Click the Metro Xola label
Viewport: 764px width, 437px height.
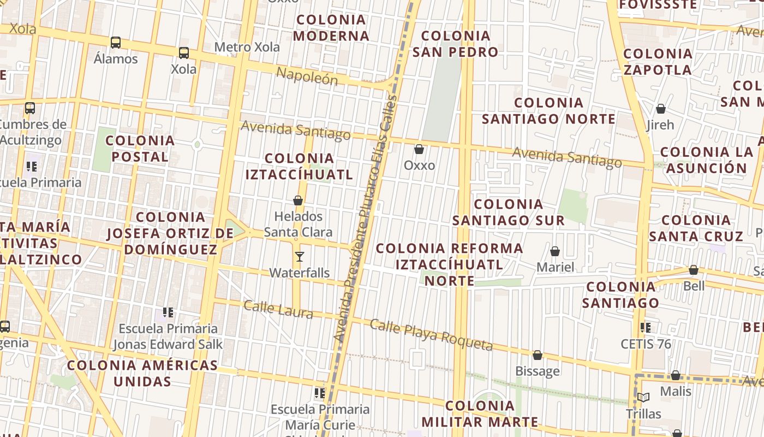point(247,47)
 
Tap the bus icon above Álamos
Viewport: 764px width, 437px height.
point(115,43)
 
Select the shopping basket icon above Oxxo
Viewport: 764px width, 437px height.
point(419,149)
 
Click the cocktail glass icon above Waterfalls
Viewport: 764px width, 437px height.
point(299,257)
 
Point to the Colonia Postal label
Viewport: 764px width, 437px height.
point(140,149)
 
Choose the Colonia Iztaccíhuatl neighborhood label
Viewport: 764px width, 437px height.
point(299,167)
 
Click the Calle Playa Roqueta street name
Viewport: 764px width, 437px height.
point(431,335)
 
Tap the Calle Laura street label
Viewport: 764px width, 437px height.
point(278,309)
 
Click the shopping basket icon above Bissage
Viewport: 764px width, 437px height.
point(538,356)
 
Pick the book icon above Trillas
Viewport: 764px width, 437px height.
point(643,398)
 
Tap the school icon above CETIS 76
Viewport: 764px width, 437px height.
point(646,328)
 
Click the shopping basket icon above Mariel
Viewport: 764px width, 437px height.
point(555,252)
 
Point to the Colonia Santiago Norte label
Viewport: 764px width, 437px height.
point(548,111)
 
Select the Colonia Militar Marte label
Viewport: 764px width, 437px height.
point(480,414)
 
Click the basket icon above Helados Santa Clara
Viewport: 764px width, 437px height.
point(298,201)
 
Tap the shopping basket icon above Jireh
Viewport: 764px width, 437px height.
point(660,109)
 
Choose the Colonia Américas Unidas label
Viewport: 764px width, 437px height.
point(142,373)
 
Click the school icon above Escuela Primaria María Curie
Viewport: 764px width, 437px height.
point(320,393)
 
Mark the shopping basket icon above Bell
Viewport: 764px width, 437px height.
point(693,270)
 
